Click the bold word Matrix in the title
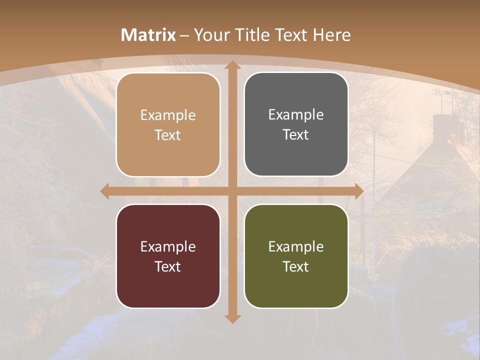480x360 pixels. coord(148,35)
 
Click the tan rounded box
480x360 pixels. coord(168,124)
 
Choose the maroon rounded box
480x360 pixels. coord(168,256)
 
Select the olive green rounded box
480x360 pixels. coord(296,256)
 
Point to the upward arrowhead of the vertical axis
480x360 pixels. coord(232,65)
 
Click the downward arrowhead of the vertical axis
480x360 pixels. coord(232,318)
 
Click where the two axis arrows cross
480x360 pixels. coord(232,191)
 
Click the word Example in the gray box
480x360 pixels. coord(296,114)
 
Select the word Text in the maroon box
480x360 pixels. coord(167,266)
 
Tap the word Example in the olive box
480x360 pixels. coord(296,246)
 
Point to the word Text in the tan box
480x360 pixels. coord(167,135)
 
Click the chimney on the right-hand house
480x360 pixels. coord(442,125)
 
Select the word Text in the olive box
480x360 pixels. coord(295,266)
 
